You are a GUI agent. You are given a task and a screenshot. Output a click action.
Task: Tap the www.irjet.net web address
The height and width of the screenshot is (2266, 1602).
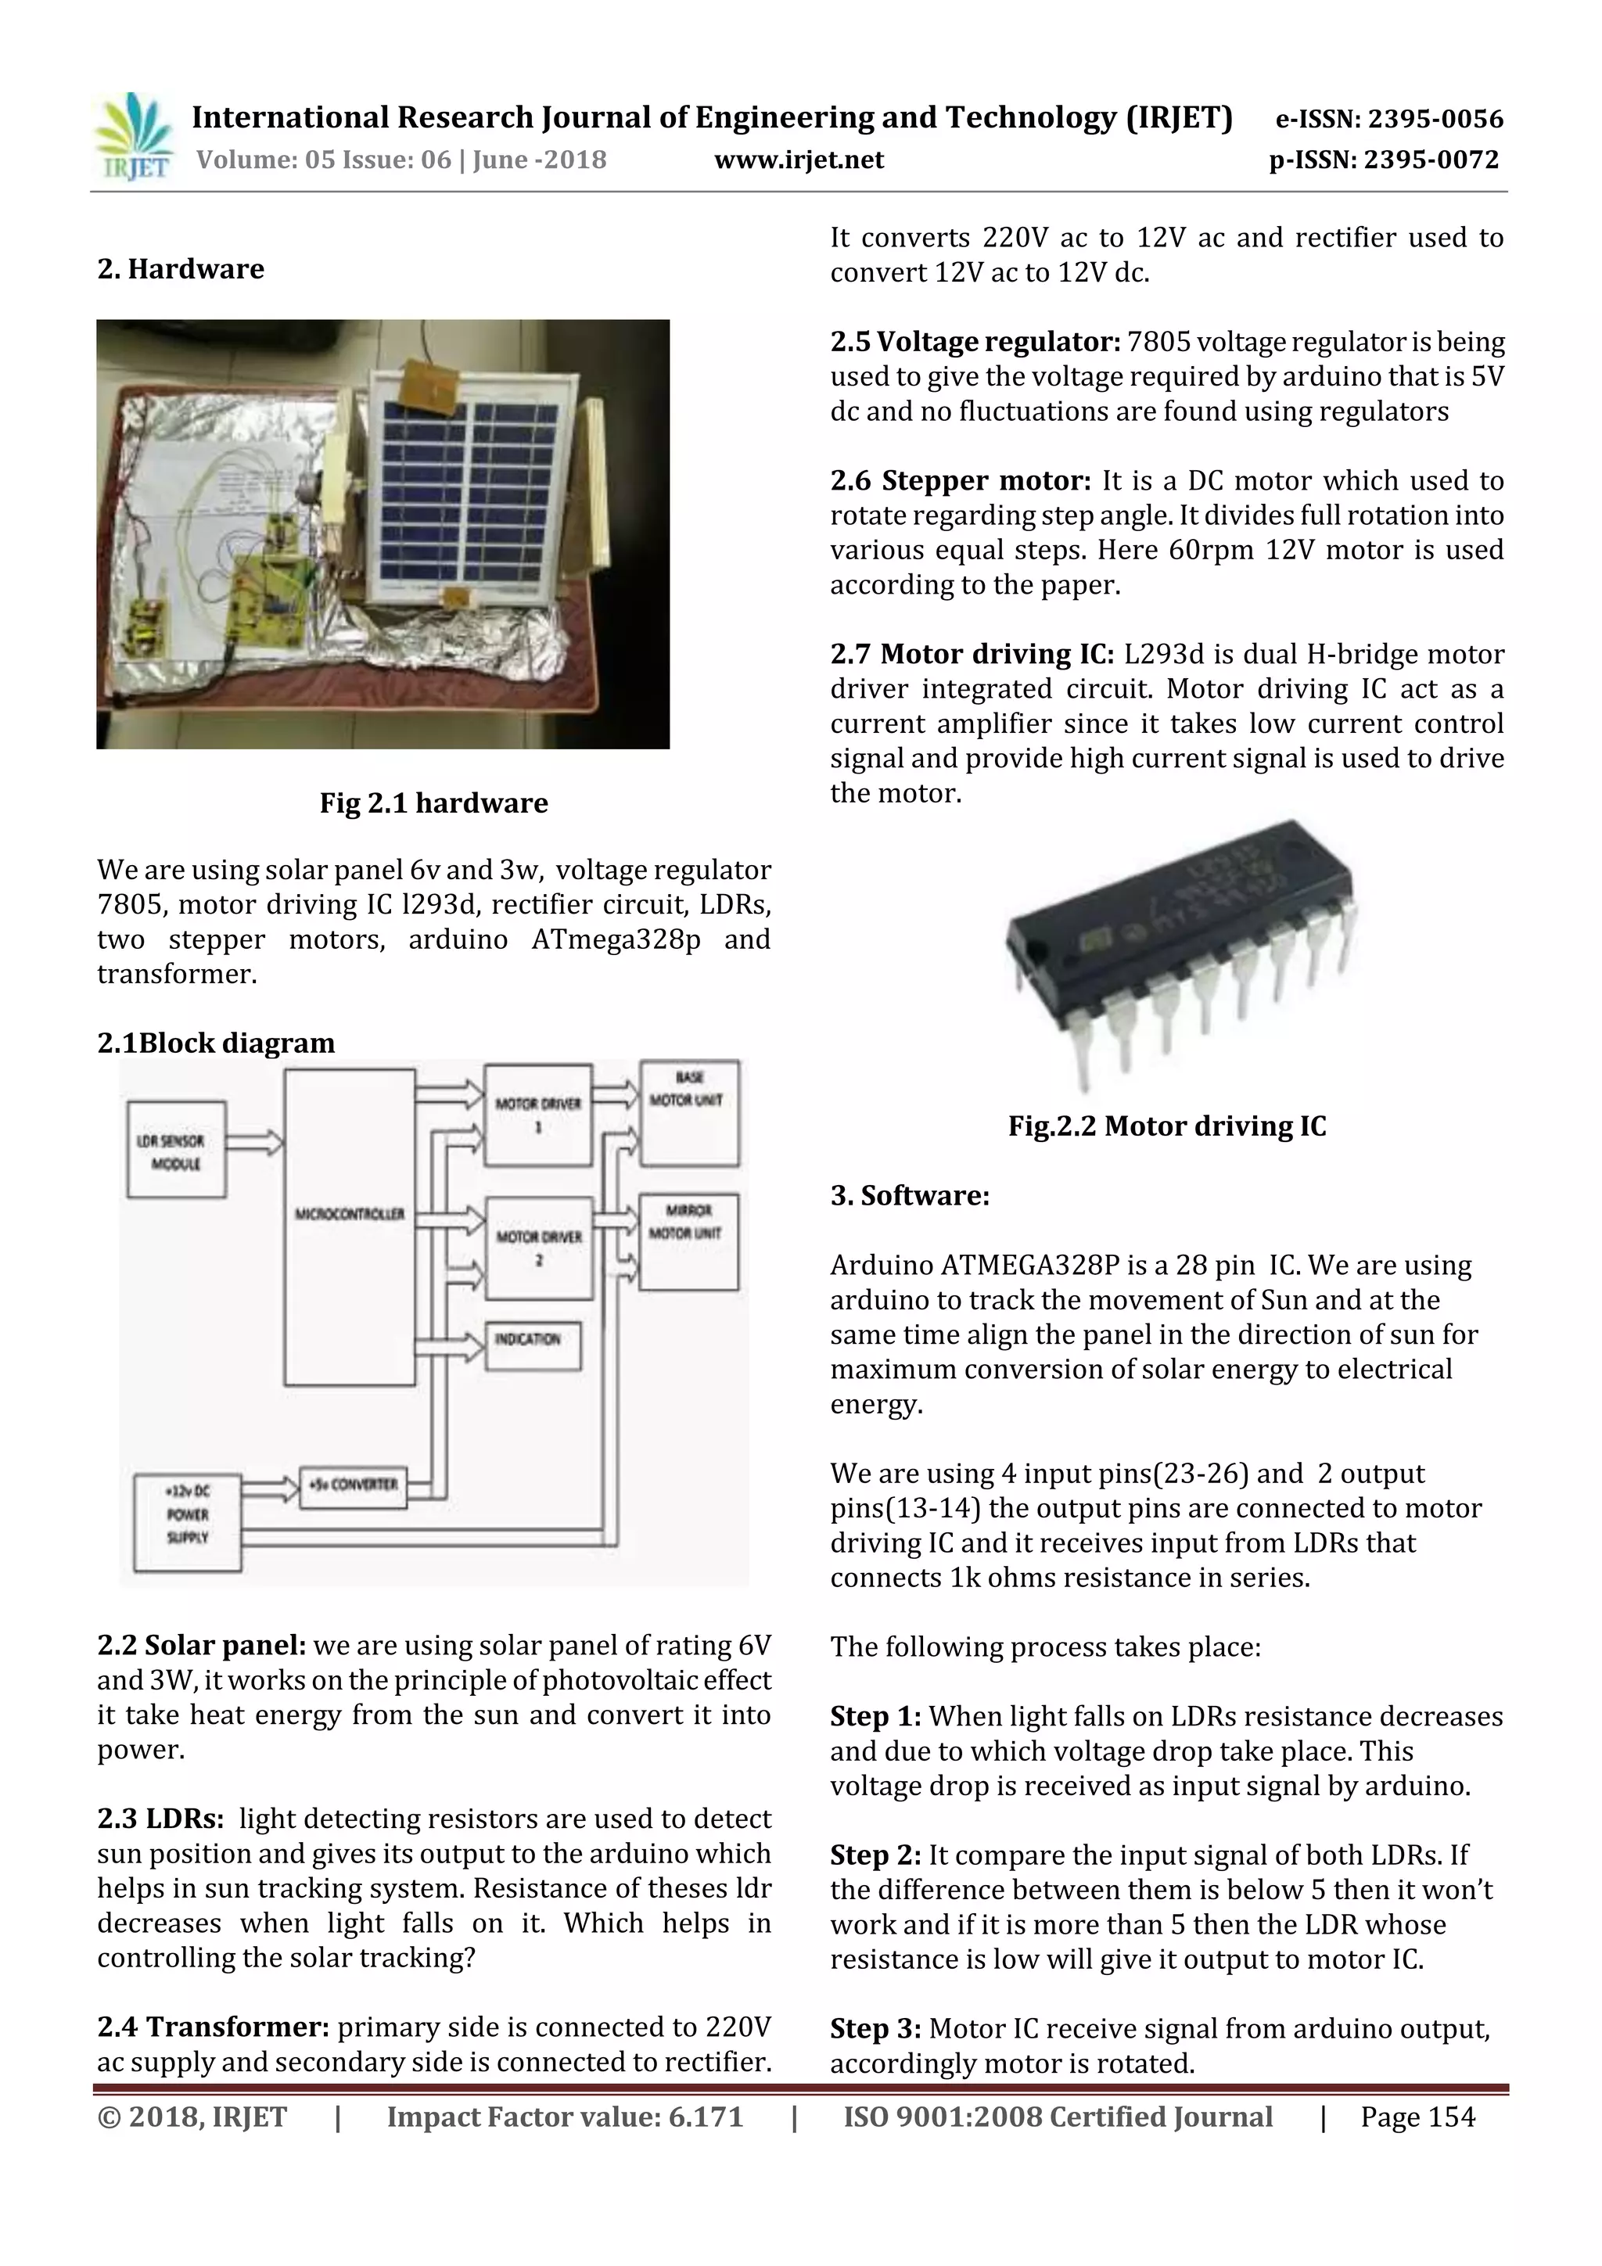click(x=799, y=160)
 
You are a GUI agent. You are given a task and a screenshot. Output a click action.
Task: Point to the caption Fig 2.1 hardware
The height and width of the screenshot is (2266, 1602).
click(x=433, y=803)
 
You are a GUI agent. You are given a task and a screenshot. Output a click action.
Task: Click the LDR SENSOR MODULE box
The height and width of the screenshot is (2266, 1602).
click(x=177, y=1151)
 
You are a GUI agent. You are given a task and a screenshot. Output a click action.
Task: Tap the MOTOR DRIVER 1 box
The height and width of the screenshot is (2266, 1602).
click(x=538, y=1115)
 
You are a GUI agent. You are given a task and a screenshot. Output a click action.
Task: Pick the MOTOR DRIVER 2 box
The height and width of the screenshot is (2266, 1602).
click(x=538, y=1248)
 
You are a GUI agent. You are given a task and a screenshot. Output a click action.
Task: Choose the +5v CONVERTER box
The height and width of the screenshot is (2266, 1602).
click(x=352, y=1485)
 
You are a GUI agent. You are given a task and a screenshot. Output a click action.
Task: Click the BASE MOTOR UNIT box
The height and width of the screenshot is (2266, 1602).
click(x=689, y=1112)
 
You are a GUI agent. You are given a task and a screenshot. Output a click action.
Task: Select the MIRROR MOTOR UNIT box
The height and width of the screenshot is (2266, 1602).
click(x=689, y=1241)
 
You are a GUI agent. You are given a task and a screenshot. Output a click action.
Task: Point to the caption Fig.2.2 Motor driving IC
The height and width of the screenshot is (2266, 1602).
click(x=1167, y=1126)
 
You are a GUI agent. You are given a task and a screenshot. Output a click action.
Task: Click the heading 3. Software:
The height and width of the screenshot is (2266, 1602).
click(x=909, y=1195)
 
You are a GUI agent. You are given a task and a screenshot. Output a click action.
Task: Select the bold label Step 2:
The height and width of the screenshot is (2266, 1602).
click(x=875, y=1855)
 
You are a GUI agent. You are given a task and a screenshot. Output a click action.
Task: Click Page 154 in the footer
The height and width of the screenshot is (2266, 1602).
click(x=1417, y=2116)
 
